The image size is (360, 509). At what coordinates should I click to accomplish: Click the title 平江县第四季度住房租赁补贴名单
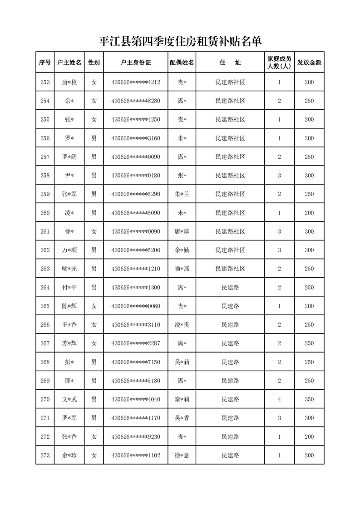pos(181,42)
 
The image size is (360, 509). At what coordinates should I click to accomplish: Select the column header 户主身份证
pos(136,63)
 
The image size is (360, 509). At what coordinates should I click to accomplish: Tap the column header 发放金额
pos(309,63)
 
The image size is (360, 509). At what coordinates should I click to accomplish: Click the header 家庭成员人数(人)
pos(279,63)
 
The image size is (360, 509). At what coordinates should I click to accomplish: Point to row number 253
pos(45,83)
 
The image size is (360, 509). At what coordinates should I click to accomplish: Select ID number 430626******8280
pos(136,101)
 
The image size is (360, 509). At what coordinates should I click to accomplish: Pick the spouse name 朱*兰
pos(182,194)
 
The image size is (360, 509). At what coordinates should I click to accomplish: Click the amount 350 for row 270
pos(309,399)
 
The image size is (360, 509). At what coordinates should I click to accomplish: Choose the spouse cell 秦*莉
pos(182,399)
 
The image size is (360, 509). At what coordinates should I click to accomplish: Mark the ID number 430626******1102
pos(136,455)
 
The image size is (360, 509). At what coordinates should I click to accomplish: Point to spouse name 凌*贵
pos(182,325)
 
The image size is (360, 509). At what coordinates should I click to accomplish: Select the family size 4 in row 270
pos(279,399)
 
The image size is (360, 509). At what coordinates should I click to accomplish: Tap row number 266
pos(45,325)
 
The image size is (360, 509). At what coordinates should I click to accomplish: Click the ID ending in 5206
pos(136,250)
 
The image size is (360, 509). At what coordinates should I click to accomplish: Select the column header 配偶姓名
pos(182,63)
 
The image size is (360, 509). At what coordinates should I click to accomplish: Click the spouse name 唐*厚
pos(182,231)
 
